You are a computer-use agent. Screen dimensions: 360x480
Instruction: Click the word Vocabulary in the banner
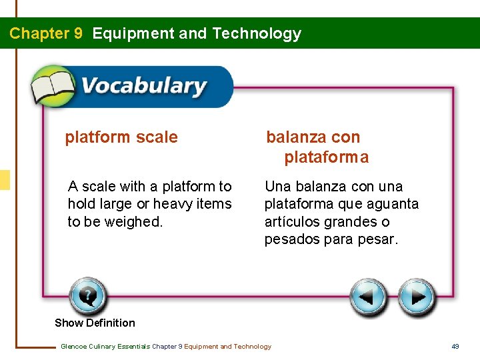point(143,87)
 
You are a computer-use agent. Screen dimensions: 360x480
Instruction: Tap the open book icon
point(53,87)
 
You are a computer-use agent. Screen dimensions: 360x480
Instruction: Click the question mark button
point(87,296)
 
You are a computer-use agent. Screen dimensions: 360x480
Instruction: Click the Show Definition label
point(95,323)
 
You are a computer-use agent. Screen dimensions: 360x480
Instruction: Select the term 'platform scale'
point(121,137)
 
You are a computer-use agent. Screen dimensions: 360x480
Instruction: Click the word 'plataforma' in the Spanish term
point(326,157)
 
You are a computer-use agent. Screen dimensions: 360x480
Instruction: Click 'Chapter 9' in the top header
point(46,33)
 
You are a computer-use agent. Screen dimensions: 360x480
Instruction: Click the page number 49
point(455,346)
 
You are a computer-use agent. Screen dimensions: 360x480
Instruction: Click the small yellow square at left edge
point(5,180)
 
